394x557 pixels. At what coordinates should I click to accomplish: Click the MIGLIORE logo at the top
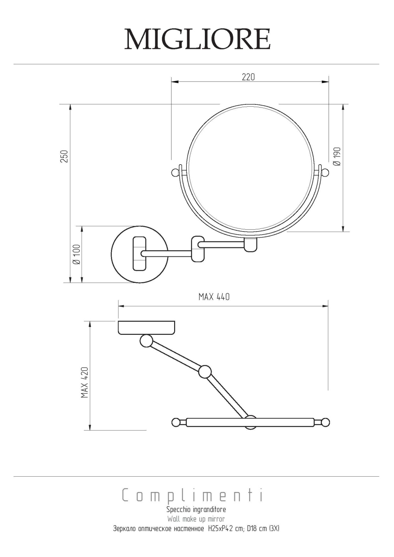[197, 39]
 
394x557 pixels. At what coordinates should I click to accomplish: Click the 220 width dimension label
[248, 77]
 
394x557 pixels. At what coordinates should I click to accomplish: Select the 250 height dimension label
[64, 156]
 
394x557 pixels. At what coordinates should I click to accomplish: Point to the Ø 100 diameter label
[76, 254]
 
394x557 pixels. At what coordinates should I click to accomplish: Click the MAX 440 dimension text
[214, 297]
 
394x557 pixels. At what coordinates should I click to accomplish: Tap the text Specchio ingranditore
[196, 509]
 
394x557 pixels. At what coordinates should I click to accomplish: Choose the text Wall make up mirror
[196, 519]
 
